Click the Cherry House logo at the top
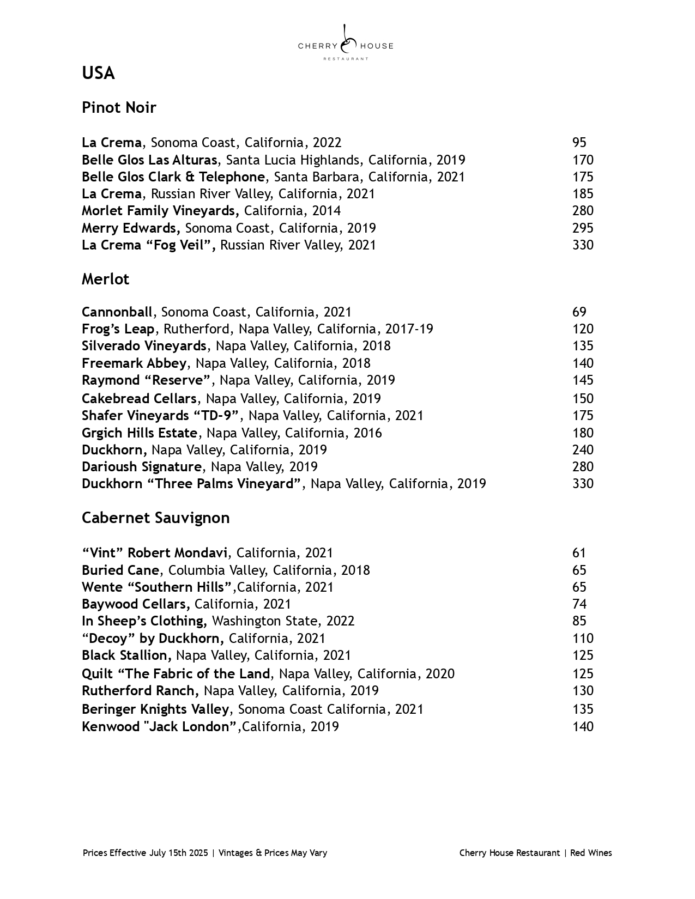[346, 43]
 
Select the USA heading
[98, 73]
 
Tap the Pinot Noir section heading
[119, 107]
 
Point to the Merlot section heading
[105, 279]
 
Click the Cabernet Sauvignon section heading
[155, 518]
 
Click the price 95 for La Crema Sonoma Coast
[579, 143]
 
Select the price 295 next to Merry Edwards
[582, 228]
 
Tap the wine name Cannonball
[117, 312]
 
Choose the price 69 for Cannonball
[579, 312]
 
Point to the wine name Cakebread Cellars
[139, 398]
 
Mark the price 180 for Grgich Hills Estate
[582, 433]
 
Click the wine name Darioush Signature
[142, 467]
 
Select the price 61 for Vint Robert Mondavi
[579, 553]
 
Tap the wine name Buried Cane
[120, 570]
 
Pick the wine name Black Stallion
[126, 655]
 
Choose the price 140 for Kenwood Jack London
[582, 727]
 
